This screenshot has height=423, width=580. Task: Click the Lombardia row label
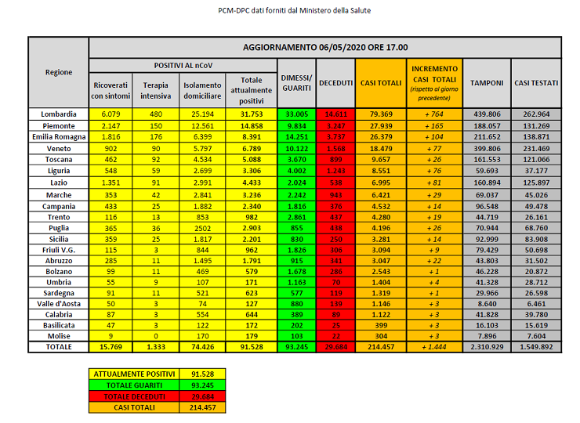tap(59, 114)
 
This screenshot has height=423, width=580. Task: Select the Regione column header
tap(59, 72)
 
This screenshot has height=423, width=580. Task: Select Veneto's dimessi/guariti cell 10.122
tap(298, 148)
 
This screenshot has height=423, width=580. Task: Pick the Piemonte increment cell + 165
tap(433, 125)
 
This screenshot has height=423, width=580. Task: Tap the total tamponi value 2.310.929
tap(487, 346)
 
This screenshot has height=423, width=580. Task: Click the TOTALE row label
tap(59, 346)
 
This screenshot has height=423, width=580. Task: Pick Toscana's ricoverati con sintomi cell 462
tap(111, 160)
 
